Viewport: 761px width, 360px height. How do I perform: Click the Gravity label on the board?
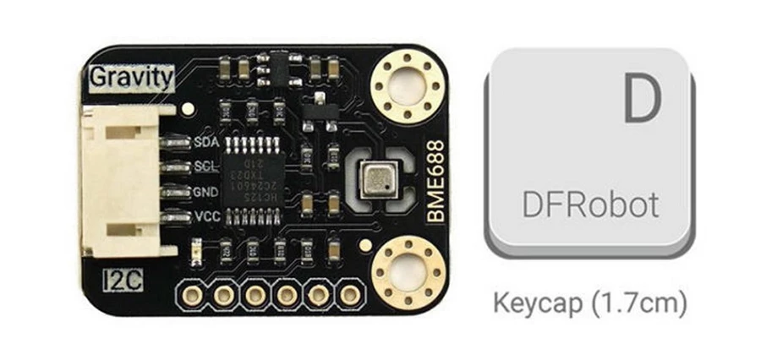point(132,78)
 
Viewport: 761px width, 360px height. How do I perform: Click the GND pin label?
point(207,192)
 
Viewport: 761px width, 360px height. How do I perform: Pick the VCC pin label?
point(207,217)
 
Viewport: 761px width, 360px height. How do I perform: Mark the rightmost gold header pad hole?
point(348,295)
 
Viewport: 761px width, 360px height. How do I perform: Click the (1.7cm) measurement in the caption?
point(637,303)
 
